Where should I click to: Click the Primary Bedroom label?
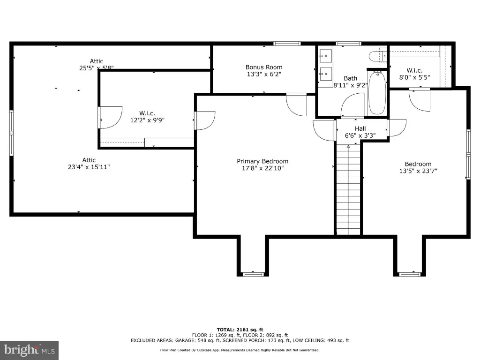(262, 161)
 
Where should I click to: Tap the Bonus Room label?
(264, 67)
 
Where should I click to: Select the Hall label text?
(360, 128)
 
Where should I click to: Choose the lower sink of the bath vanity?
(325, 74)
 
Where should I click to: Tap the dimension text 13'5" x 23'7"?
(418, 171)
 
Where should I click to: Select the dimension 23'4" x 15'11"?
(89, 167)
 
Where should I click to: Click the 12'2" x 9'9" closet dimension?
(147, 120)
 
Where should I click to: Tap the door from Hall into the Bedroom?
(397, 128)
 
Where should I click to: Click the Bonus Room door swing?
(296, 105)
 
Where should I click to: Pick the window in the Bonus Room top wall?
(287, 44)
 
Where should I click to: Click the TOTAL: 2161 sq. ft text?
(240, 330)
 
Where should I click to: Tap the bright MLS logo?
(29, 350)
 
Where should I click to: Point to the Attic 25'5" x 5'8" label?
(97, 65)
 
